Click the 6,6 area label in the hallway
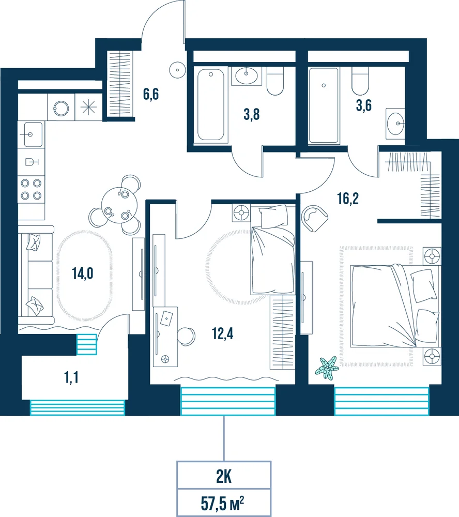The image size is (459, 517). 151,94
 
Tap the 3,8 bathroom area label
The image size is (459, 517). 252,115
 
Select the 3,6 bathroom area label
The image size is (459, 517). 364,105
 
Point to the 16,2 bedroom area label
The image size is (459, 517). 348,199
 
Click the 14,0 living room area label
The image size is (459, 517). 83,273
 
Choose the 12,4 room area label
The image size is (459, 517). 223,333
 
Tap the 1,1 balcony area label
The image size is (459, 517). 71,377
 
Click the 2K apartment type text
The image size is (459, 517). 224,477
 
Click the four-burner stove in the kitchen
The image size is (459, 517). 32,189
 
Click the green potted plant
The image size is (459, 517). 327,367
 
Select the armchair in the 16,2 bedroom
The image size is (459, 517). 315,218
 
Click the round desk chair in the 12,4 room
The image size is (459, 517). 186,337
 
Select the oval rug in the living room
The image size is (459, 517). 84,276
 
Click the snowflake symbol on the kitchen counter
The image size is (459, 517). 88,107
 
